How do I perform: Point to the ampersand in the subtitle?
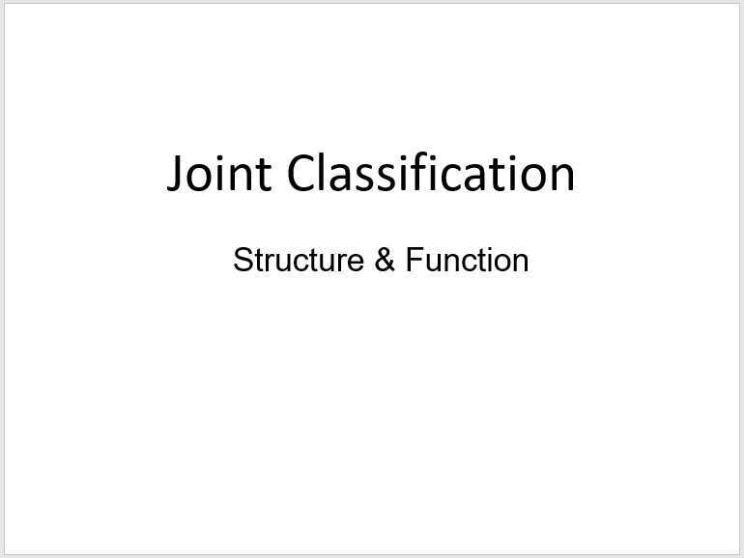tap(385, 261)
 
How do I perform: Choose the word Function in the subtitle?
tap(467, 261)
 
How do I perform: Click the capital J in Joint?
tap(175, 174)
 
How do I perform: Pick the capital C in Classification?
tap(301, 174)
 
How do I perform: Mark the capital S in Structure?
tap(242, 261)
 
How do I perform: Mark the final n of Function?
tap(521, 263)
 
